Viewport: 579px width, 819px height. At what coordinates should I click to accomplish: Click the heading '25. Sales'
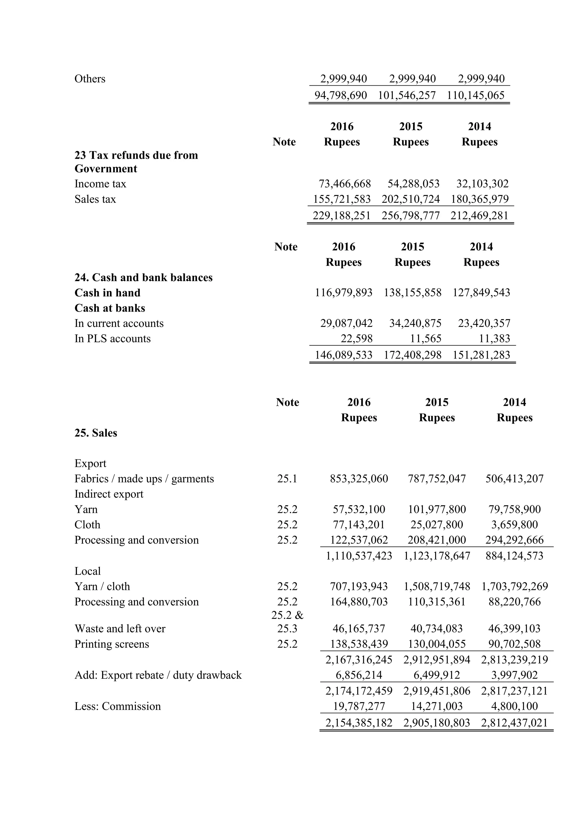(x=96, y=433)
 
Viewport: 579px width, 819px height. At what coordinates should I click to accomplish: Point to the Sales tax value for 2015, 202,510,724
(x=411, y=199)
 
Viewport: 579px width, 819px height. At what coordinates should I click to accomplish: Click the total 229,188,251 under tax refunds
(x=342, y=215)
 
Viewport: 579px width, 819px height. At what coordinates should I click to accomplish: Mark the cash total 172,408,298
(x=412, y=355)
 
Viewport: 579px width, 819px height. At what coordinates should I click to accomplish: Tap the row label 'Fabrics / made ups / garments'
(x=144, y=479)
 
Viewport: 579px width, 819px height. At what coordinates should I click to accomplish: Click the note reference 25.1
(x=287, y=479)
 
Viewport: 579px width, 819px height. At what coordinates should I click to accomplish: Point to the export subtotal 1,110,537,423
(x=359, y=556)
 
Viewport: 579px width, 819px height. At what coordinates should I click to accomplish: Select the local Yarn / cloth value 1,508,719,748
(x=437, y=587)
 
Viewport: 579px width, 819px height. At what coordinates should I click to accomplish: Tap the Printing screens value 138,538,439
(x=359, y=644)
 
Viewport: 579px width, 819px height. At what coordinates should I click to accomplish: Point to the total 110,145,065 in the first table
(x=476, y=95)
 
